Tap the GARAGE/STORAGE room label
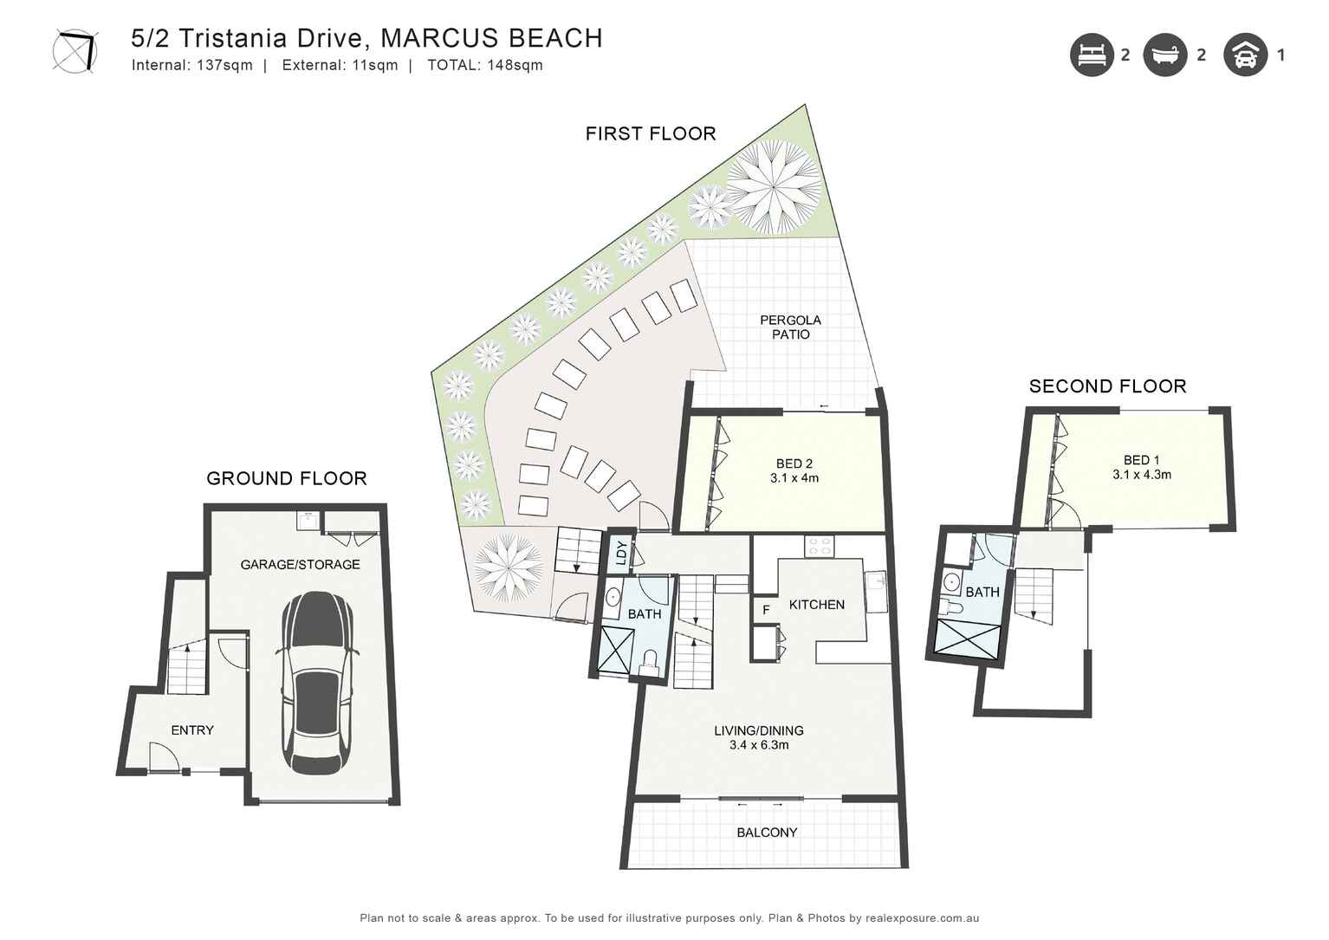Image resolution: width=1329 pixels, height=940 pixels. pos(300,565)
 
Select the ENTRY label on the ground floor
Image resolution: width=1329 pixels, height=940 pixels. pos(192,730)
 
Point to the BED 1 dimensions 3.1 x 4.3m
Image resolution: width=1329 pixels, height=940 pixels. pos(1141,475)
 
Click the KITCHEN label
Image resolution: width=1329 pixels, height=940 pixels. pos(816,605)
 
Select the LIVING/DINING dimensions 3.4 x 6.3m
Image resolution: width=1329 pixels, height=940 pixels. pos(759,745)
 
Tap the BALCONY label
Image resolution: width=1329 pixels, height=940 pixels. pos(767,833)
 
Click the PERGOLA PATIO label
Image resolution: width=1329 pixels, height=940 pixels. pos(790,327)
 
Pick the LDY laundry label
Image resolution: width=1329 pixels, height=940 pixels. pos(620,553)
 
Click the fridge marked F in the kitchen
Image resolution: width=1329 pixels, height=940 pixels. pos(766,610)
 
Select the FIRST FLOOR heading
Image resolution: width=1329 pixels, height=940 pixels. pos(651,133)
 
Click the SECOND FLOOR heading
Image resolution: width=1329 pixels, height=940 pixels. pos(1107,386)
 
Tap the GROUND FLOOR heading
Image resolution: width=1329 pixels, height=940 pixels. pos(287,478)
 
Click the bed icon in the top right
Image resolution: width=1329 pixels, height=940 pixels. pos(1091,55)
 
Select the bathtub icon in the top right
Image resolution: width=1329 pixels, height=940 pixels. pos(1164,55)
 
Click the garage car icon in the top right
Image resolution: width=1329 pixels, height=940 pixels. pos(1245,55)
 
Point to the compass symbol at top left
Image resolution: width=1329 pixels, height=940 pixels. pos(75,50)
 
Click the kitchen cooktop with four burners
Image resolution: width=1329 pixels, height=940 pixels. pos(820,547)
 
